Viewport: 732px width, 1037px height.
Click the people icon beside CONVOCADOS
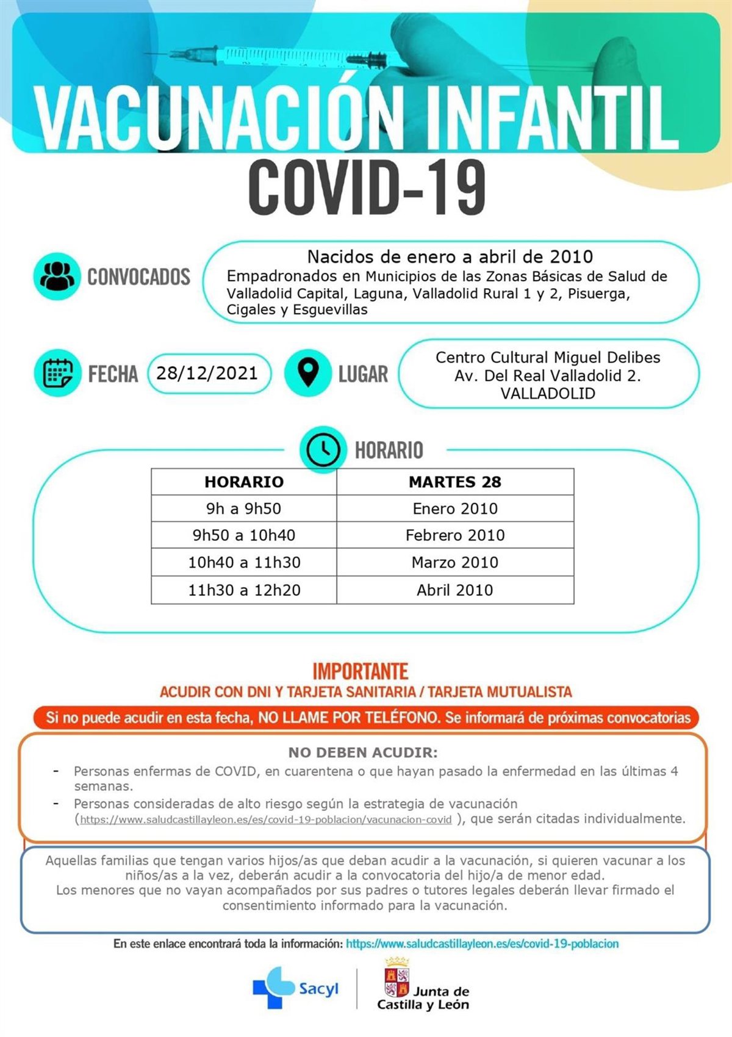(57, 276)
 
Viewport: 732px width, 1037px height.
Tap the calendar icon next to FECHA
(57, 373)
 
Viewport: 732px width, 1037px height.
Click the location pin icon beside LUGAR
(308, 373)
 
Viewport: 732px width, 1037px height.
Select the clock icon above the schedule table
(322, 450)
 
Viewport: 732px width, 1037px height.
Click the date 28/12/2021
(207, 373)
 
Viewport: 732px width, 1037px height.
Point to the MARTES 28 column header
(454, 482)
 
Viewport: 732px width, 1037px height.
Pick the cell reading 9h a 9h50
(243, 508)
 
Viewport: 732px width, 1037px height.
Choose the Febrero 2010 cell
(454, 535)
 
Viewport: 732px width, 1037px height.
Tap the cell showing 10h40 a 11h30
(243, 562)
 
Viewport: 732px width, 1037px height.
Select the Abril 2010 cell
(454, 590)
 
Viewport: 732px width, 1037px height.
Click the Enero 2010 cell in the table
(454, 508)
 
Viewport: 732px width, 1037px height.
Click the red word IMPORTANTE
(360, 671)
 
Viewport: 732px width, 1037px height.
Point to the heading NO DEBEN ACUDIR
(363, 753)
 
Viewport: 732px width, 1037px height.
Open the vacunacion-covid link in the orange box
(266, 820)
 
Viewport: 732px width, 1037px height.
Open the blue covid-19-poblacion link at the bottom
(482, 944)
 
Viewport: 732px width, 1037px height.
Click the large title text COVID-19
(367, 187)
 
